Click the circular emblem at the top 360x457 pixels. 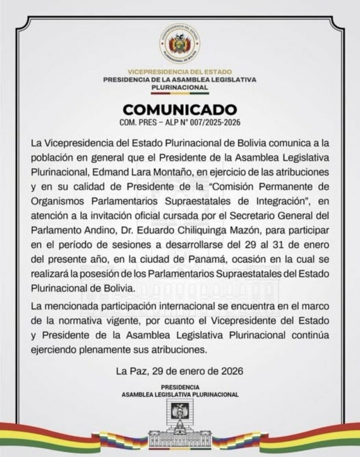click(180, 45)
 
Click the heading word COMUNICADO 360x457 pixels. click(180, 110)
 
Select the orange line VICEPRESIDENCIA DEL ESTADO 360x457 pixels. click(180, 72)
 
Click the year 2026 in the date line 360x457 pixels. click(230, 372)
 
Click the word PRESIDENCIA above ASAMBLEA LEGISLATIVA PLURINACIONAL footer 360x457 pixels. click(180, 387)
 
